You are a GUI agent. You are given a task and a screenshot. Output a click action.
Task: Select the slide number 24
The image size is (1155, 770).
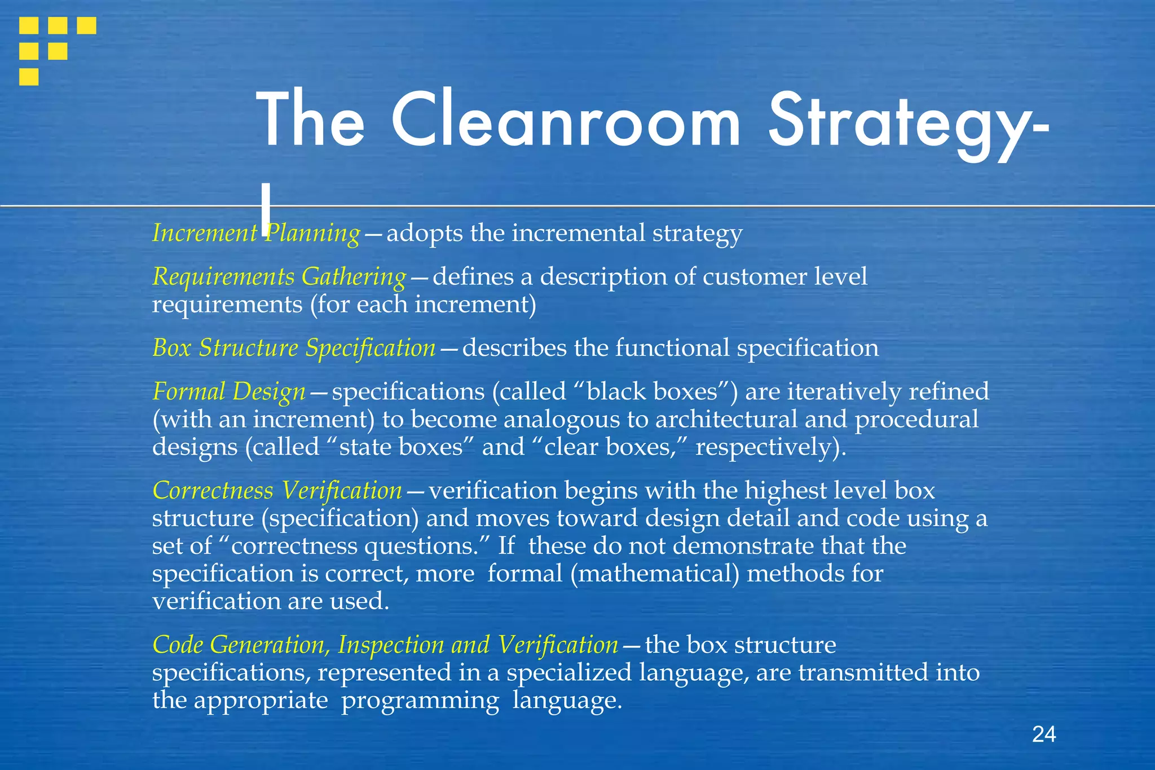click(1044, 734)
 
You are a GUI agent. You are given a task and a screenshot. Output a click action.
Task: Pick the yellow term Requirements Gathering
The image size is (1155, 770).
click(279, 277)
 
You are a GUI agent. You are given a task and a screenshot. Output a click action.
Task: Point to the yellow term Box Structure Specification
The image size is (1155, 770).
click(294, 348)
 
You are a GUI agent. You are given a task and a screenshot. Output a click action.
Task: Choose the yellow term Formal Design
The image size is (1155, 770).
click(229, 391)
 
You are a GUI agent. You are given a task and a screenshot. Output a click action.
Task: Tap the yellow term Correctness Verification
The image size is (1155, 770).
click(277, 491)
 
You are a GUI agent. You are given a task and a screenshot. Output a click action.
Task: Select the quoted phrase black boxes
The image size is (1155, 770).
click(651, 391)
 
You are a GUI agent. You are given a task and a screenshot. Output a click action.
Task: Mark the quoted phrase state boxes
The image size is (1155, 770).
click(400, 447)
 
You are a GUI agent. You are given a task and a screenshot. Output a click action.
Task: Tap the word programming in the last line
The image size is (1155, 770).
click(420, 701)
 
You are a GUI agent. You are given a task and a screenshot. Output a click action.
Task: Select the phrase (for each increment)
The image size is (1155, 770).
click(423, 305)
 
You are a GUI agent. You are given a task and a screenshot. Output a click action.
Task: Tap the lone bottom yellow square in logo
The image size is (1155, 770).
click(29, 77)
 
